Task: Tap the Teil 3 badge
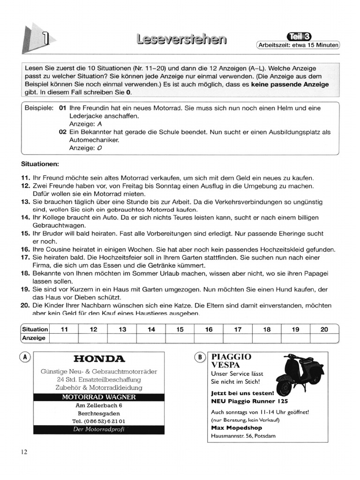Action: pyautogui.click(x=299, y=37)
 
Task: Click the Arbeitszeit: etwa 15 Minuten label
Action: pyautogui.click(x=298, y=45)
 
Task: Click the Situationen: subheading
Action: pyautogui.click(x=40, y=165)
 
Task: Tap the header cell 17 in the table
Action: pyautogui.click(x=238, y=329)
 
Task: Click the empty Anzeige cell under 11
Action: pyautogui.click(x=64, y=338)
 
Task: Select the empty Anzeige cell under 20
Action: pyautogui.click(x=324, y=338)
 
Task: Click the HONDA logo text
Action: pyautogui.click(x=99, y=359)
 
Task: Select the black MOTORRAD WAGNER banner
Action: pyautogui.click(x=99, y=397)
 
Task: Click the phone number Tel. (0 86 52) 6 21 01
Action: pyautogui.click(x=99, y=421)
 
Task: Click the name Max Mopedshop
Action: pyautogui.click(x=237, y=427)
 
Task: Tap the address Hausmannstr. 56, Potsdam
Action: pyautogui.click(x=243, y=436)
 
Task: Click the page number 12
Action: pyautogui.click(x=24, y=452)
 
